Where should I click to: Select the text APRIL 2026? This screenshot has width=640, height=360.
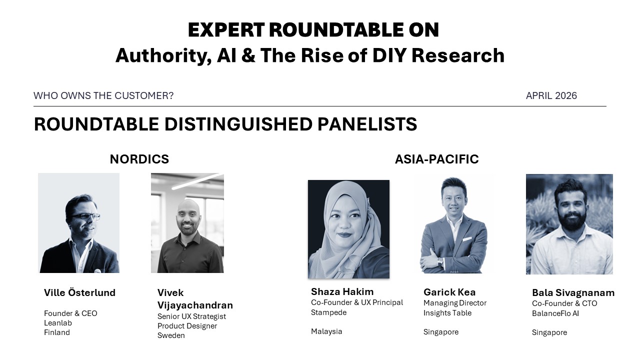[551, 95]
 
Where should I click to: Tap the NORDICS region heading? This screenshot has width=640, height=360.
[139, 159]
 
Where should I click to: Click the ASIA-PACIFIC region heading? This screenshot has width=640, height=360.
[436, 159]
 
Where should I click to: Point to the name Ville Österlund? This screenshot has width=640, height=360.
[79, 292]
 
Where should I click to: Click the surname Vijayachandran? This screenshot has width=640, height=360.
[195, 305]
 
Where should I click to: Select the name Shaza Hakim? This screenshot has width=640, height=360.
[342, 291]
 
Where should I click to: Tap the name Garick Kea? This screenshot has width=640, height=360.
[449, 292]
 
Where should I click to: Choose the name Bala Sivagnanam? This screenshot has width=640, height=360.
[573, 293]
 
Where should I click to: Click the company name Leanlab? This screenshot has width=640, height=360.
[58, 323]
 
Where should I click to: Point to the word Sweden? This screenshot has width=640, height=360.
[171, 335]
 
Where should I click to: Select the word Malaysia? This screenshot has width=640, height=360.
[326, 331]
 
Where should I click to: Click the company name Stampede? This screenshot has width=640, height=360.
[329, 312]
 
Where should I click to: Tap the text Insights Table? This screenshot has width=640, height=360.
[447, 313]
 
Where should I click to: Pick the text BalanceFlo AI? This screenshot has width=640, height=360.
[555, 313]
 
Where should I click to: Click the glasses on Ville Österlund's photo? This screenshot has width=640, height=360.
[86, 216]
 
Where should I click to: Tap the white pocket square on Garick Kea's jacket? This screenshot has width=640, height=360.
[467, 239]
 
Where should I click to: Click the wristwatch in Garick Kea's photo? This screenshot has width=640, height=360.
[440, 261]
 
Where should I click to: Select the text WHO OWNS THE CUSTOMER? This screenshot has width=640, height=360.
[103, 95]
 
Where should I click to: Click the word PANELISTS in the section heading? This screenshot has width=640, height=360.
[367, 124]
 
